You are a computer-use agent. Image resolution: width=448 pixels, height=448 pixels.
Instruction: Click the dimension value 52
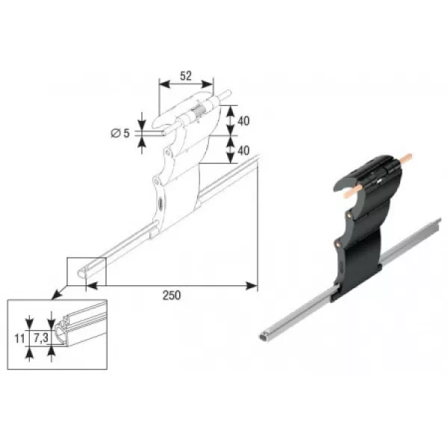[x=186, y=75]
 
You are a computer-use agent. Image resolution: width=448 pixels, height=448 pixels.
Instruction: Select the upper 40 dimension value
[x=243, y=121]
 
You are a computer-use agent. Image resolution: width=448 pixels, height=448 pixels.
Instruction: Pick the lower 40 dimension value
[x=243, y=151]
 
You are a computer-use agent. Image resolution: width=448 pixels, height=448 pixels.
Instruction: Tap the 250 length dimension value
[x=172, y=295]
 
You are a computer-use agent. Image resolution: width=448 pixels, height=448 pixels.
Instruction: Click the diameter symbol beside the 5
[x=116, y=133]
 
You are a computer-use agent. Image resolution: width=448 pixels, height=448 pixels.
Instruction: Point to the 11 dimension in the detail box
[x=19, y=339]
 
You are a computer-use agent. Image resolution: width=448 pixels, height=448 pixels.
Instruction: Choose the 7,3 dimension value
[x=41, y=338]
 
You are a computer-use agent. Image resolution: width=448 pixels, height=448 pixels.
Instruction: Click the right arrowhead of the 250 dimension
[x=252, y=285]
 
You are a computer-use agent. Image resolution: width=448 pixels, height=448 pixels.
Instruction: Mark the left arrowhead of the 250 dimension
[x=92, y=285]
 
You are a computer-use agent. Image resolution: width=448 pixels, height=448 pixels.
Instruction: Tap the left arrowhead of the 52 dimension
[x=164, y=84]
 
